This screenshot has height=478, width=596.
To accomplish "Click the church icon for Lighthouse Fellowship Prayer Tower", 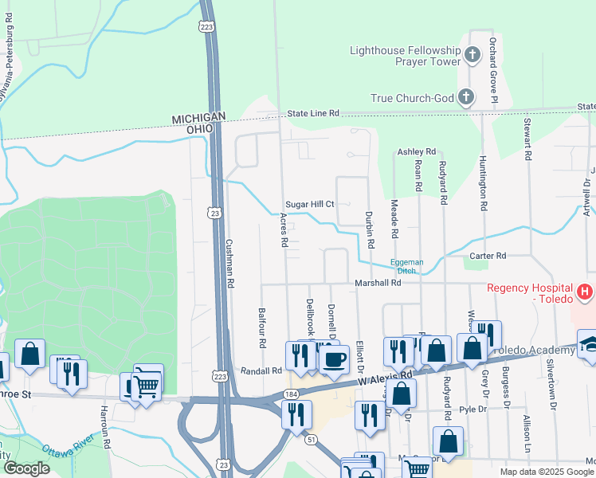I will tap(472, 56).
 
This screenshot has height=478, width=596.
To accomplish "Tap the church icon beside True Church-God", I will tap(466, 99).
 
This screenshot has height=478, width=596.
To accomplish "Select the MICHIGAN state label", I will tap(194, 119).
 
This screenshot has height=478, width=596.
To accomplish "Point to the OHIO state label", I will tap(199, 129).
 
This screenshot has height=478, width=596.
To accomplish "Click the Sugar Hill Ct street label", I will tap(310, 205).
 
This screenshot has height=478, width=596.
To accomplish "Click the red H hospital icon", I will tap(586, 292).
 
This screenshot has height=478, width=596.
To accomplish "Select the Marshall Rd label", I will tap(378, 283).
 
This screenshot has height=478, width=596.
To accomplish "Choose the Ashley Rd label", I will tap(417, 151).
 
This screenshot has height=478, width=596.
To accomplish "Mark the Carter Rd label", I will tap(488, 256).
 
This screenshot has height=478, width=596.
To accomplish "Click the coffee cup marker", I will tap(334, 358).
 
